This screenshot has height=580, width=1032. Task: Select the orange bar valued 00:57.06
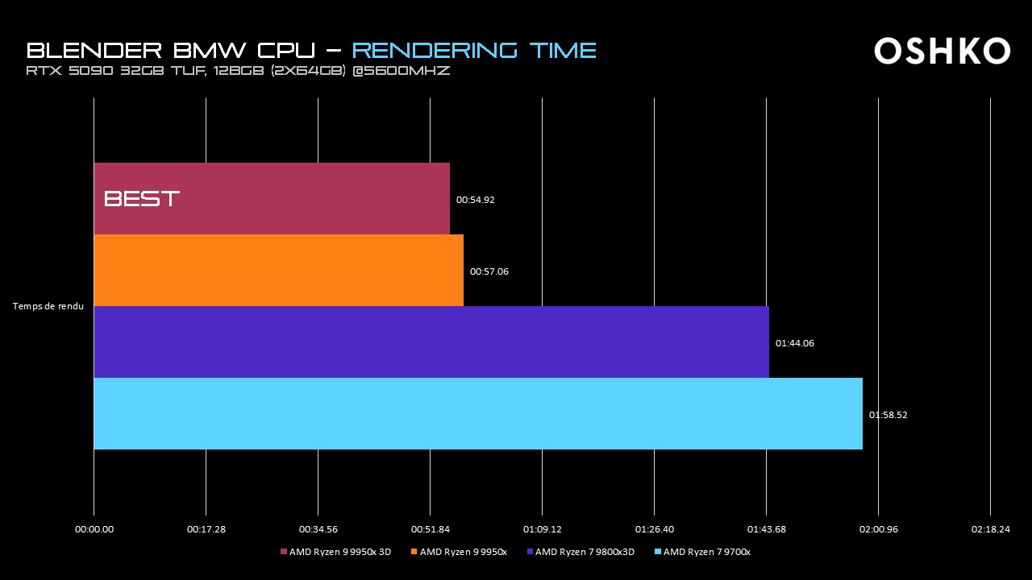tap(278, 270)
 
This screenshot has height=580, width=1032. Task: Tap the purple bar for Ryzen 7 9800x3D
tap(431, 342)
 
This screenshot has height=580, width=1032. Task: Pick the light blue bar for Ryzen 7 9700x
tap(478, 413)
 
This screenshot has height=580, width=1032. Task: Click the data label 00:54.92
tap(475, 200)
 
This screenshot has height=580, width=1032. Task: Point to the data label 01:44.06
tap(794, 343)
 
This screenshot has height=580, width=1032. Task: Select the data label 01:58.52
tap(888, 415)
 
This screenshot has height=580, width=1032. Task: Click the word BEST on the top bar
tap(142, 199)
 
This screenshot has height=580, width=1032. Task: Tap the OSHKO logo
tap(942, 51)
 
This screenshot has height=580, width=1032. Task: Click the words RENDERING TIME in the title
tap(474, 51)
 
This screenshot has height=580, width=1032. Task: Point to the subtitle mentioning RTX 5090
tap(238, 72)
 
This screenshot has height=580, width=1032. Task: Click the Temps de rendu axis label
tap(48, 306)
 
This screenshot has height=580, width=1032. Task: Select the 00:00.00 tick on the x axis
tap(94, 529)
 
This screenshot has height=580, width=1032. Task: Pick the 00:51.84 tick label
tap(430, 529)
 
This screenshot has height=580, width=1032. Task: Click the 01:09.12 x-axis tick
tap(542, 529)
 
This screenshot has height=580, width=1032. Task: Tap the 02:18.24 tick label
tap(990, 529)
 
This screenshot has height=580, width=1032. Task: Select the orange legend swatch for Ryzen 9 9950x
tap(414, 552)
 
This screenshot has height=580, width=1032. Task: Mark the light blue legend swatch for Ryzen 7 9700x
tap(658, 552)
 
